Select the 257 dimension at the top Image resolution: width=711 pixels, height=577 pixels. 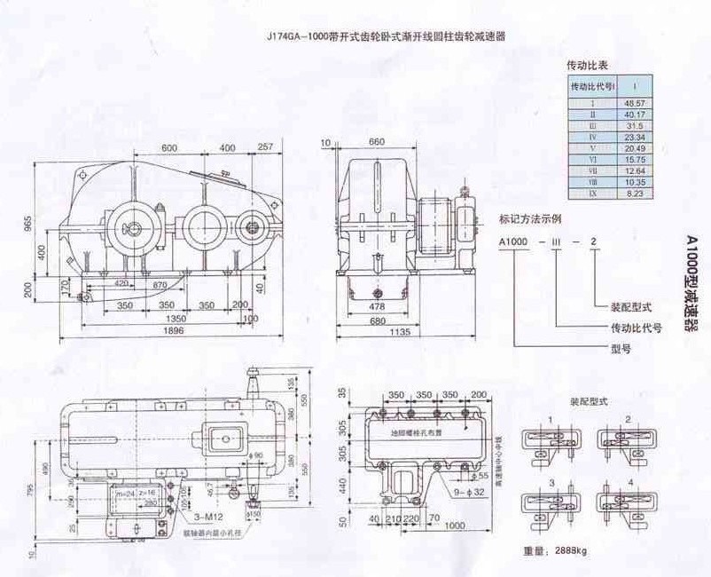pyautogui.click(x=264, y=146)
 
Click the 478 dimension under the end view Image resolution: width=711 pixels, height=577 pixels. pyautogui.click(x=377, y=306)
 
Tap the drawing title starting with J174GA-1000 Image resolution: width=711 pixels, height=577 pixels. pyautogui.click(x=390, y=37)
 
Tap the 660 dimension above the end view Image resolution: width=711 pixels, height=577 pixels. pyautogui.click(x=375, y=142)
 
